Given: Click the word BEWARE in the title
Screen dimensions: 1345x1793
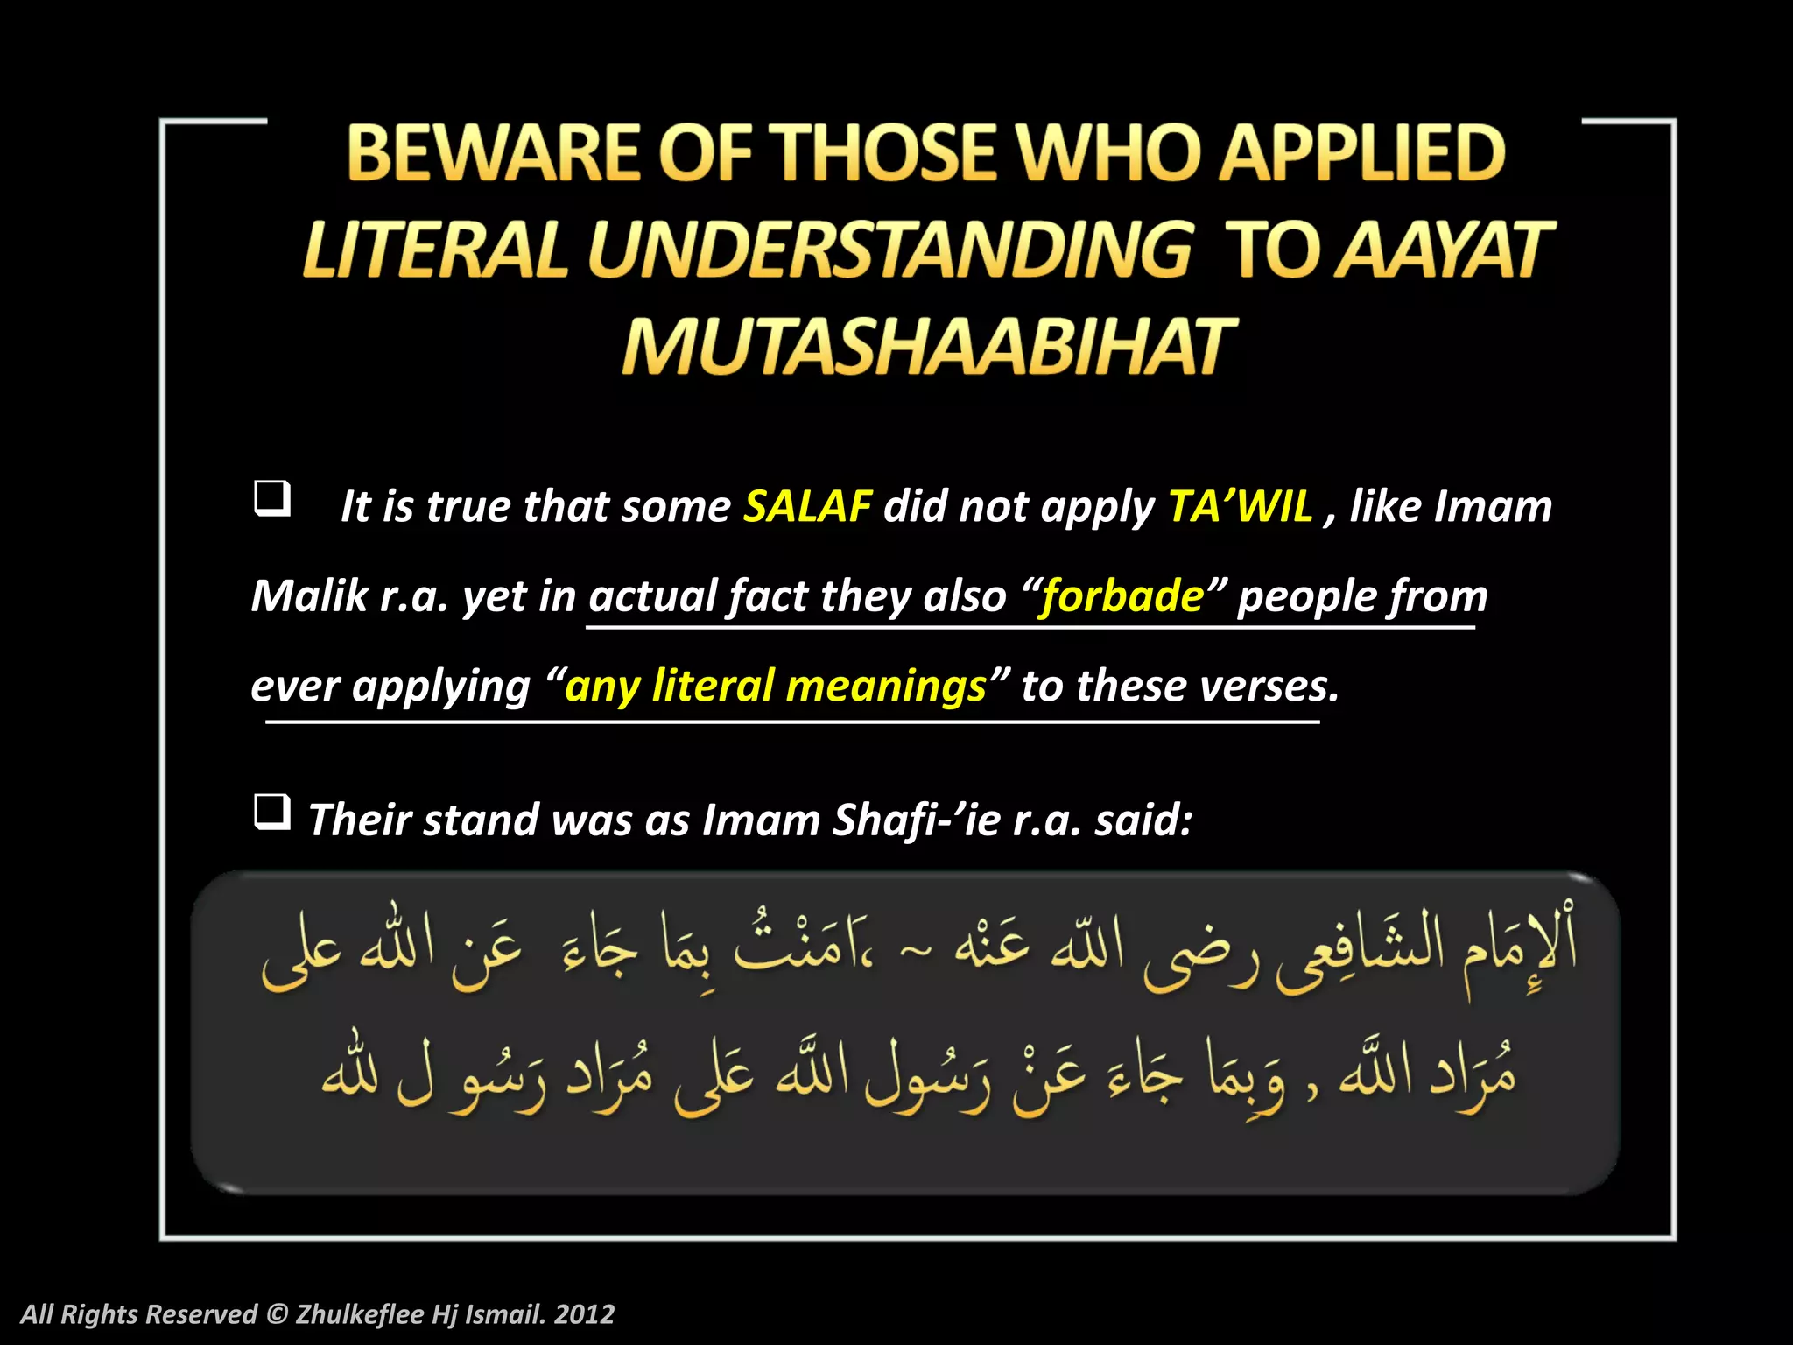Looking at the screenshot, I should click(x=494, y=153).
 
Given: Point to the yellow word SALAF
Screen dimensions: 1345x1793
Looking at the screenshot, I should click(x=807, y=506).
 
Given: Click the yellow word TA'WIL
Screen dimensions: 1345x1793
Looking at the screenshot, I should click(x=1241, y=506).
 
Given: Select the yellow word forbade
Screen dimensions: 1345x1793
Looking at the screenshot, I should click(x=1122, y=596).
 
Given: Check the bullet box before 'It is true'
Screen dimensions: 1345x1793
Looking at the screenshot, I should click(x=271, y=498).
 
